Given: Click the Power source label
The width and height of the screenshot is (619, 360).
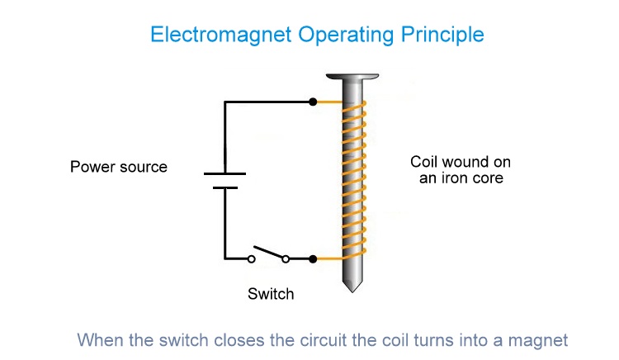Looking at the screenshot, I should (x=119, y=168).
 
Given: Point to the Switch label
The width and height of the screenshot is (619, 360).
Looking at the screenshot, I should (x=271, y=293).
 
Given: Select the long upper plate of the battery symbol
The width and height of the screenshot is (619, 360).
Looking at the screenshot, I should (x=224, y=174).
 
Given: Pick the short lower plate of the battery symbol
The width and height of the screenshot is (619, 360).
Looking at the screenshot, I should (x=224, y=187).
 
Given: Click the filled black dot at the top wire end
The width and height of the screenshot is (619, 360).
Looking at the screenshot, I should (x=312, y=102).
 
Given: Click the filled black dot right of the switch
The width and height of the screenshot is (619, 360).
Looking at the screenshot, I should (x=312, y=259).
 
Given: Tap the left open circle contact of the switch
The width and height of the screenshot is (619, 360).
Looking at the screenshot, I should (x=252, y=259).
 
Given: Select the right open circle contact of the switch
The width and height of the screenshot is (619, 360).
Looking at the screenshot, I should (x=286, y=259).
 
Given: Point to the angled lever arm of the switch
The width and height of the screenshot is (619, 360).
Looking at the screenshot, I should (x=268, y=251).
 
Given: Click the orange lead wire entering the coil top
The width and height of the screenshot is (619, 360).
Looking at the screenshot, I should (x=328, y=102).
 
